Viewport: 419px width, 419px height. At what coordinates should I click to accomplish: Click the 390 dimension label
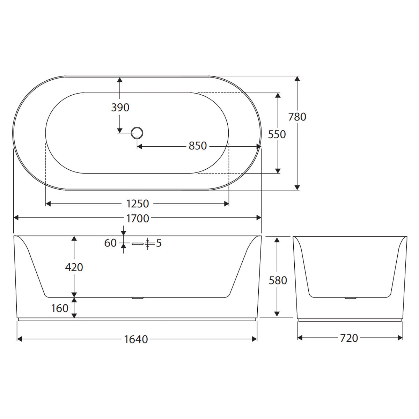coord(120,108)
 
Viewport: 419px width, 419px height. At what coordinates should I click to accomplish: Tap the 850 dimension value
coord(197,146)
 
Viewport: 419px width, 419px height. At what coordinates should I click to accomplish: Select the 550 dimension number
coord(277,134)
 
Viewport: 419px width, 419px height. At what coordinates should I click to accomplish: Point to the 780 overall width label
coord(297,117)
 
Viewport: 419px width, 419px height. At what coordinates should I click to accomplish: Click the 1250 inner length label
coord(138,204)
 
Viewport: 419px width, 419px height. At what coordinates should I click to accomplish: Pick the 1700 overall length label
coord(138,219)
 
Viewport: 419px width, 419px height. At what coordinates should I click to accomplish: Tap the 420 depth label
coord(74,267)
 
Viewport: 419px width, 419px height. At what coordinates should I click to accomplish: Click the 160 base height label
coord(60,308)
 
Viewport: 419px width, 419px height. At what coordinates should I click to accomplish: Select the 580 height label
coord(278,280)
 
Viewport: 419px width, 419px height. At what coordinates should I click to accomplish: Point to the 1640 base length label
coord(136,339)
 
